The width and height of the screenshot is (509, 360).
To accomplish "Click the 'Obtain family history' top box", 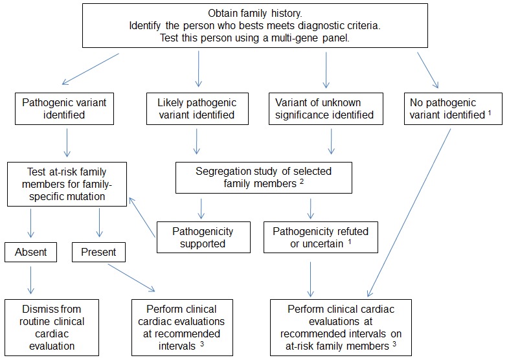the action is pyautogui.click(x=255, y=26).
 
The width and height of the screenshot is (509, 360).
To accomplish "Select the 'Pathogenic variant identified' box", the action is pyautogui.click(x=64, y=109).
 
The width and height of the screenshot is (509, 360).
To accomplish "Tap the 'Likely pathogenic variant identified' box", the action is pyautogui.click(x=198, y=109).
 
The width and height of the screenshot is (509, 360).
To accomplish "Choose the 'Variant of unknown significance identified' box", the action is pyautogui.click(x=326, y=109).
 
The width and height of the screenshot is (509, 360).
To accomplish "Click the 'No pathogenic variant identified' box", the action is pyautogui.click(x=453, y=109).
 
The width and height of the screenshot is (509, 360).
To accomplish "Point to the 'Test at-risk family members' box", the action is pyautogui.click(x=67, y=184).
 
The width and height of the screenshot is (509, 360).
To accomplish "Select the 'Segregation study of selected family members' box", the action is pyautogui.click(x=264, y=177).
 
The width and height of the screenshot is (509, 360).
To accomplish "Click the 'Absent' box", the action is pyautogui.click(x=31, y=253).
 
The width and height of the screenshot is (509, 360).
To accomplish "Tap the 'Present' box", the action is pyautogui.click(x=98, y=253).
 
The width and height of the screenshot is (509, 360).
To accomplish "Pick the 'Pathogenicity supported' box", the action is pyautogui.click(x=203, y=237).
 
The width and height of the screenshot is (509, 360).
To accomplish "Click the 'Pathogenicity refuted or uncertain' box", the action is pyautogui.click(x=321, y=237).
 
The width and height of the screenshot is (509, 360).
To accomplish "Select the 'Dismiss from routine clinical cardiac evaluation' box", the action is pyautogui.click(x=52, y=328).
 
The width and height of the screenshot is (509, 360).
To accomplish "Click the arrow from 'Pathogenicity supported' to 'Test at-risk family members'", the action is pyautogui.click(x=142, y=217).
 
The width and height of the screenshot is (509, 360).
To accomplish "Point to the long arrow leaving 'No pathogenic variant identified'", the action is pyautogui.click(x=409, y=212).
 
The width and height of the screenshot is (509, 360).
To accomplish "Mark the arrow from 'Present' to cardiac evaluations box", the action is pyautogui.click(x=131, y=278).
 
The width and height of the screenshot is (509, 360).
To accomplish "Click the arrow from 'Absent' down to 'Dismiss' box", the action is pyautogui.click(x=31, y=280).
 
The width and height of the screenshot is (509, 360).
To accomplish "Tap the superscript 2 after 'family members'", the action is pyautogui.click(x=302, y=181).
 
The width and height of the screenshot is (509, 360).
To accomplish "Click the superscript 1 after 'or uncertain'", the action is pyautogui.click(x=349, y=242).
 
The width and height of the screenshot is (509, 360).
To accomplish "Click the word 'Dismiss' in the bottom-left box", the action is pyautogui.click(x=36, y=309).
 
